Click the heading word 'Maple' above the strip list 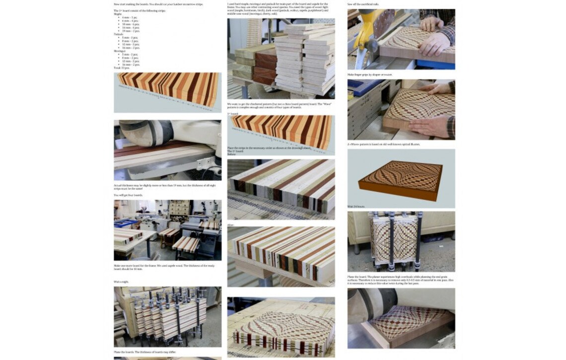pos(118,14)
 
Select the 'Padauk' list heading pos(118,34)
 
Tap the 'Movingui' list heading pos(119,51)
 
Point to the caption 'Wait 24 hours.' pos(356,206)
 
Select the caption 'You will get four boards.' pos(129,195)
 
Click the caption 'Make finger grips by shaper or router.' pos(370,74)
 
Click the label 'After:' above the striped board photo pos(231,224)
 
